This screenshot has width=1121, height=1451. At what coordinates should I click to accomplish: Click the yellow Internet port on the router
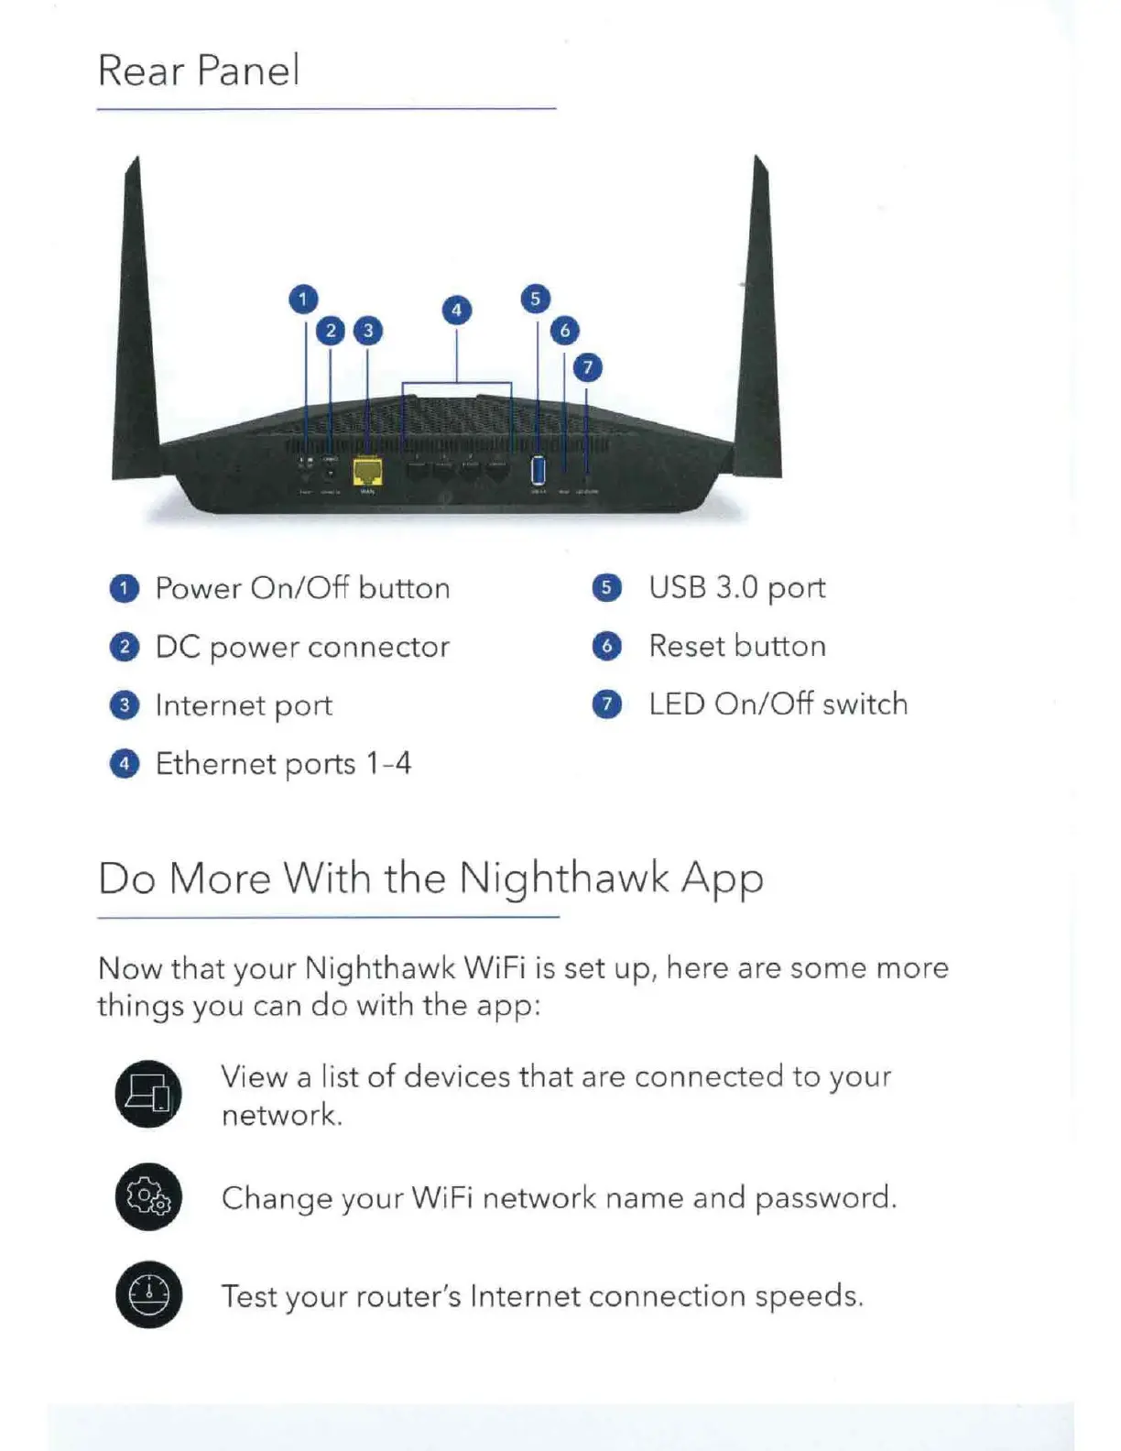coord(367,472)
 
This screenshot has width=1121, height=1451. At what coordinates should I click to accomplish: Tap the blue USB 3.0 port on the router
coord(539,470)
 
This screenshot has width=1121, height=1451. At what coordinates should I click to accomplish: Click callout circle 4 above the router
coord(456,310)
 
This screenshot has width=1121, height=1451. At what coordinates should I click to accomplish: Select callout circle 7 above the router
coord(588,367)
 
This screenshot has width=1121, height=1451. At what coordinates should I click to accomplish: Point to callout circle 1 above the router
coord(303,299)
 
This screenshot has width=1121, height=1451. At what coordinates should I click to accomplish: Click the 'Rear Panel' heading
coord(199,71)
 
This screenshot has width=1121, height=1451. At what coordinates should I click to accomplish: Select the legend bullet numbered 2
coord(125,647)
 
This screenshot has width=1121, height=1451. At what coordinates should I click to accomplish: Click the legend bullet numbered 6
coord(606,647)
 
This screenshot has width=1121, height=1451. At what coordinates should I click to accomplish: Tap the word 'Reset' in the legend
coord(687,646)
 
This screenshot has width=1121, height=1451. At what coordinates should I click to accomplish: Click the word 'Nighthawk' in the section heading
coord(564,878)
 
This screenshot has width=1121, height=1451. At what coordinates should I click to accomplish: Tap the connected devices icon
coord(148,1094)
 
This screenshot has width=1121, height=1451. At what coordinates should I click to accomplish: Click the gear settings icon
coord(148,1196)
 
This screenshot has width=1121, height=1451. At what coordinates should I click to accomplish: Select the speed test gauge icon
coord(148,1295)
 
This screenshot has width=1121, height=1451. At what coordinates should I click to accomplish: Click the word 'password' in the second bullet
coord(825,1198)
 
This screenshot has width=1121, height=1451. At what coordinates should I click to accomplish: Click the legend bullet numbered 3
coord(125,705)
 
